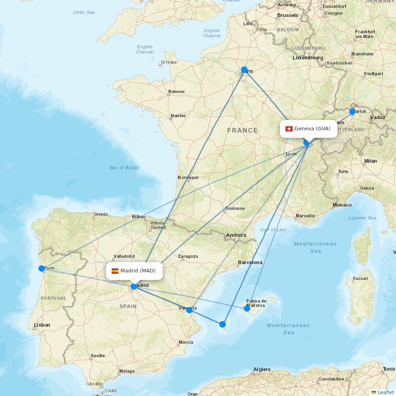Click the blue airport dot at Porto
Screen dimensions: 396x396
tap(42, 268)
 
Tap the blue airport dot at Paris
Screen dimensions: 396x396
tap(244, 70)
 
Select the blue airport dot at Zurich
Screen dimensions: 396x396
tap(352, 112)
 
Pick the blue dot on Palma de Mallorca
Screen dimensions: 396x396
tap(247, 308)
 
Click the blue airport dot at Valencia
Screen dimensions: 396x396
tap(189, 310)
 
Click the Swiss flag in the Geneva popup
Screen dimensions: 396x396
tap(289, 129)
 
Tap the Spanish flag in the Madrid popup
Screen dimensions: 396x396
tap(115, 271)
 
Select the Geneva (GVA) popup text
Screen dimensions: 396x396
tap(312, 129)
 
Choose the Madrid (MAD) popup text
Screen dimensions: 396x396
tap(138, 271)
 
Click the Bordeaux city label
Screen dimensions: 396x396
tap(188, 177)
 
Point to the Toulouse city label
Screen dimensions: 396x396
tap(235, 208)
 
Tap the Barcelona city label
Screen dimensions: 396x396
tap(250, 263)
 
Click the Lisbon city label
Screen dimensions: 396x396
tap(42, 325)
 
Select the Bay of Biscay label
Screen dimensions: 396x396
tap(124, 168)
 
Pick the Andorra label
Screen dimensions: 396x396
tap(236, 235)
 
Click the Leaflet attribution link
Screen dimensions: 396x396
tap(386, 392)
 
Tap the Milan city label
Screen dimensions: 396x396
tap(371, 161)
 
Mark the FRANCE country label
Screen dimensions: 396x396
tap(242, 130)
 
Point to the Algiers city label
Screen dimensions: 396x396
tap(262, 369)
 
